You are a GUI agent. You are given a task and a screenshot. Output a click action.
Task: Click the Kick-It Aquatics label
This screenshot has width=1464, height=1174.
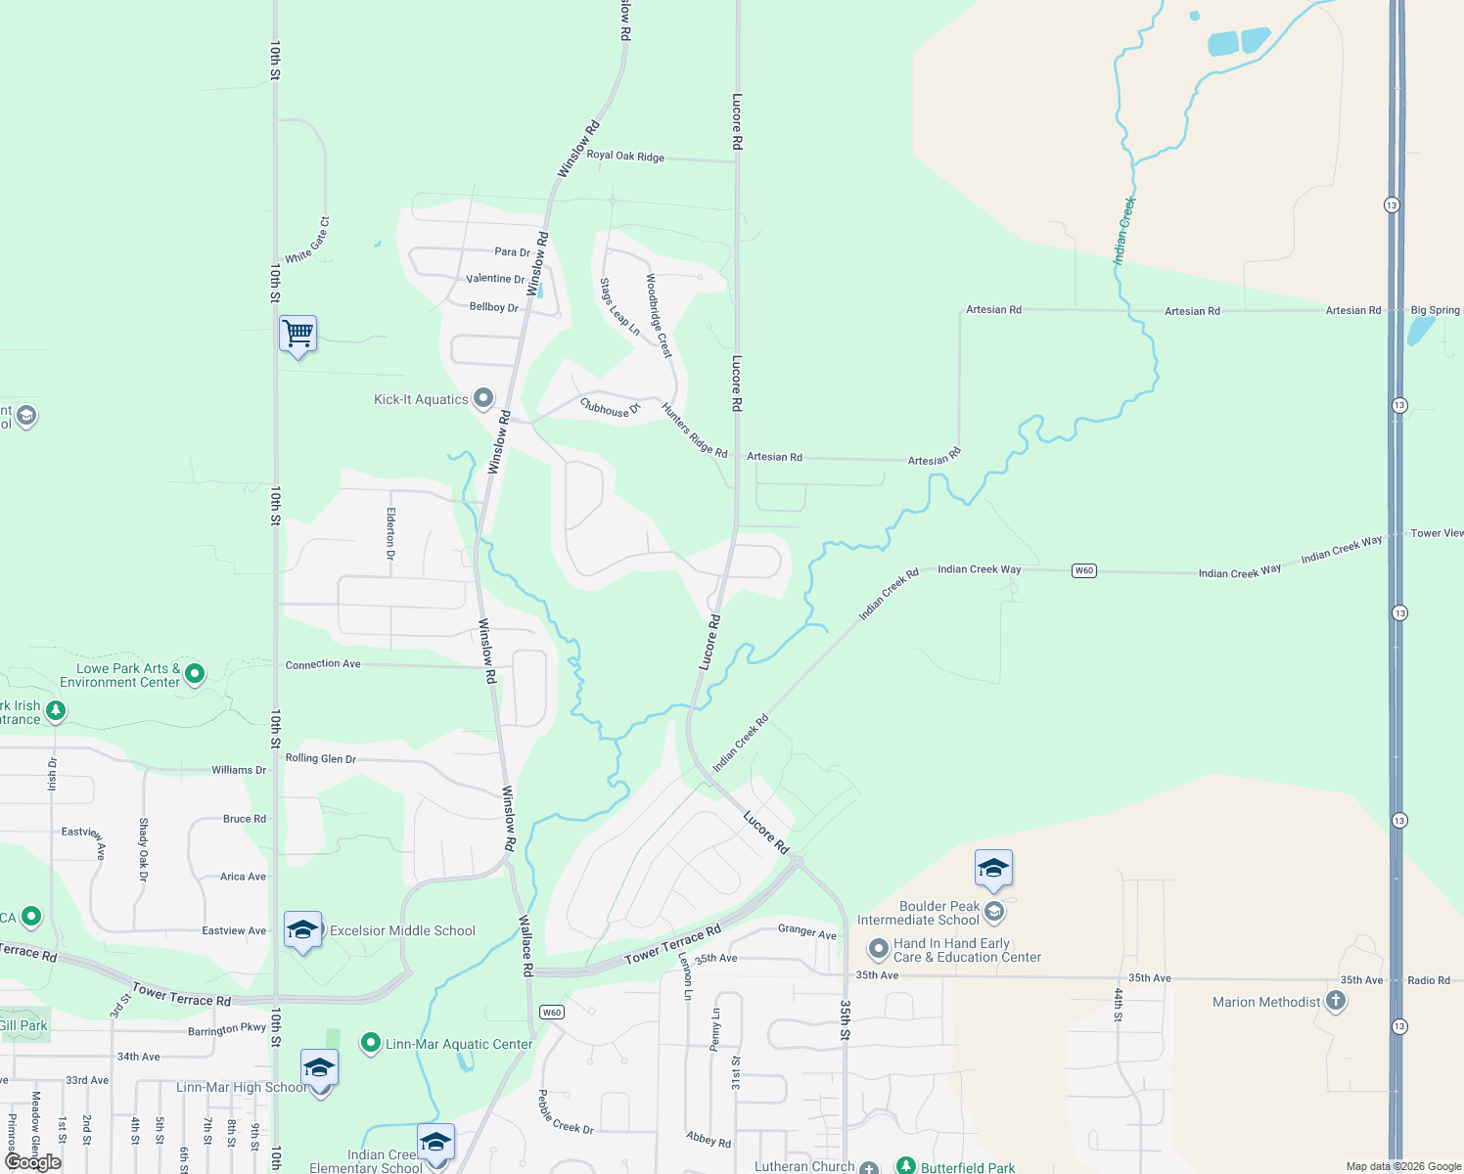(x=421, y=399)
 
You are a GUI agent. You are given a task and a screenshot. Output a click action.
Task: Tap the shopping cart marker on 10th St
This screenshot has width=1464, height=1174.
(x=297, y=334)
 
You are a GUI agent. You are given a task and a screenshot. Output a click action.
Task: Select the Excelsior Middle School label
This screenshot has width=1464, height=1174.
(x=402, y=930)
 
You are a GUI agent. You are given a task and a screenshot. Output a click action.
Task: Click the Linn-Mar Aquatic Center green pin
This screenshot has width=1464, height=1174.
(x=370, y=1044)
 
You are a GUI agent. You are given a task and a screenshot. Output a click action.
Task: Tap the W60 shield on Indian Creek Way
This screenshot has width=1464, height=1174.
(x=1083, y=570)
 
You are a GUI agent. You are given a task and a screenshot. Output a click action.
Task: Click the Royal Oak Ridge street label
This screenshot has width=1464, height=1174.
(x=625, y=157)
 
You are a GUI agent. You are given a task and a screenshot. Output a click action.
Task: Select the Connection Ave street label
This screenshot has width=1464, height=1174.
(x=323, y=664)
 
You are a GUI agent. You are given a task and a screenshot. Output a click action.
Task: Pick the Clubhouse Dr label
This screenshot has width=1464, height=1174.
(x=609, y=408)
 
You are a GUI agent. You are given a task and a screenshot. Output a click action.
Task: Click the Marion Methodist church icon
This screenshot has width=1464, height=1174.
(x=1336, y=1001)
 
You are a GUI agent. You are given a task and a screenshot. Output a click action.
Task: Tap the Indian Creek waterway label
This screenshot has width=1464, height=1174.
(x=1124, y=231)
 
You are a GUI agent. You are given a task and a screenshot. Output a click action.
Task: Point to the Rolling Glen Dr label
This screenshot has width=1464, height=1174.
(x=321, y=758)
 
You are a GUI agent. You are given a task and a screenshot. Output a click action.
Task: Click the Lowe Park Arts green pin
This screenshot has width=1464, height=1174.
(x=195, y=673)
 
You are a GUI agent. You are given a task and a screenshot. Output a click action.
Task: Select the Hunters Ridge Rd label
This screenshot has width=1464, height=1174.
(x=694, y=430)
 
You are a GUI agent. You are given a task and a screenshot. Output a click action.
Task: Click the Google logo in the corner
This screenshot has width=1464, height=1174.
(x=33, y=1162)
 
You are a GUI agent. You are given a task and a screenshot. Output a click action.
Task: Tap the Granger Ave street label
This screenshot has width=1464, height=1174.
(x=807, y=931)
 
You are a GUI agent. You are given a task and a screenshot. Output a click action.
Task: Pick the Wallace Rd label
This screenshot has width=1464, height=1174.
(x=526, y=945)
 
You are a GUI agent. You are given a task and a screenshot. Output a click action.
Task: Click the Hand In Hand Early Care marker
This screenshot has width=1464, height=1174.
(x=878, y=948)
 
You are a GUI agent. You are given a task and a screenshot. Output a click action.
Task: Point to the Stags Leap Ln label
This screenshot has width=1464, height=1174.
(x=619, y=307)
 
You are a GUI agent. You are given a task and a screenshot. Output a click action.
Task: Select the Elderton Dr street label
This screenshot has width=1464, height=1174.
(x=391, y=533)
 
